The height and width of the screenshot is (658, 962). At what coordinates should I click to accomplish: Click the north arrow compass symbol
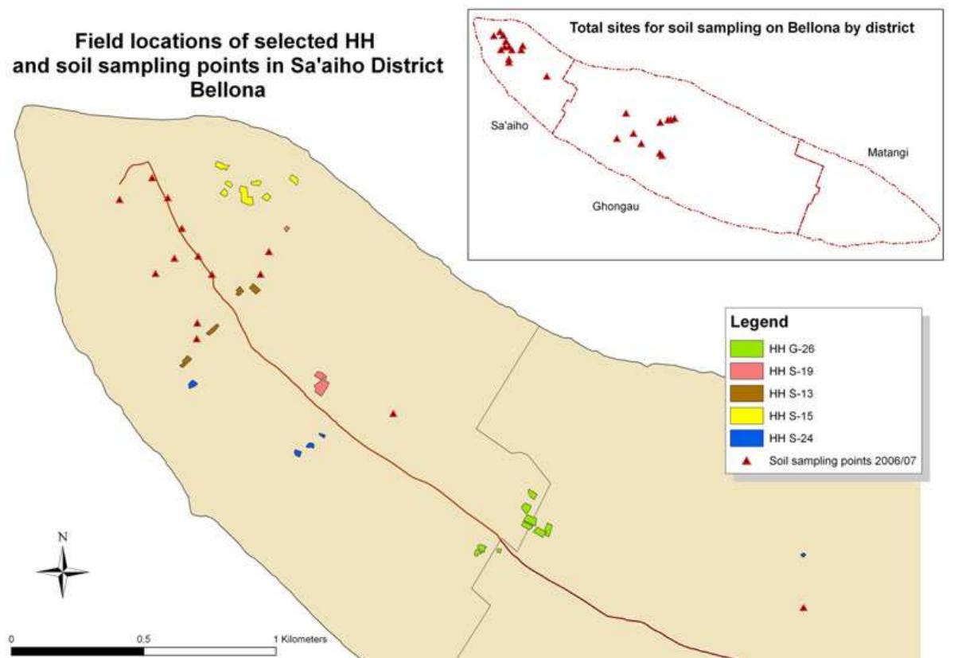(62, 570)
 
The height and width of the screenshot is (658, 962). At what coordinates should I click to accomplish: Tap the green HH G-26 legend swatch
(746, 348)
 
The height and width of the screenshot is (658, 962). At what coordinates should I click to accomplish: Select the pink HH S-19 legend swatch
(746, 370)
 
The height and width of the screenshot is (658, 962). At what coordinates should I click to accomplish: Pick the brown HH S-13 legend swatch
(746, 392)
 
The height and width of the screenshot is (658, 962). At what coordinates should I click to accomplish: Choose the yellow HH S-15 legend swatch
(746, 415)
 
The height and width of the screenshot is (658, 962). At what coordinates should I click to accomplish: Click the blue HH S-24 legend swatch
(746, 437)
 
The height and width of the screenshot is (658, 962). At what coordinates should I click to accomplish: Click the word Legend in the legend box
(759, 323)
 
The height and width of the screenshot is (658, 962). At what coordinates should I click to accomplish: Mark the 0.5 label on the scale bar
(144, 638)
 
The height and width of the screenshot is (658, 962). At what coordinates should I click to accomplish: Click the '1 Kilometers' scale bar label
(299, 638)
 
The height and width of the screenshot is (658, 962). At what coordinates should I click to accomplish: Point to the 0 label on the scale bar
(13, 638)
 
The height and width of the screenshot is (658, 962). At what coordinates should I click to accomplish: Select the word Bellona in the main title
(228, 90)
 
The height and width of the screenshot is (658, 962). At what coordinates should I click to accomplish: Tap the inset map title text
(742, 28)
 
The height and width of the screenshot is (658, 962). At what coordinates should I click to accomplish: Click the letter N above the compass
(63, 537)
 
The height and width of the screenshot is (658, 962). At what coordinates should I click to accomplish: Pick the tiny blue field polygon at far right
(803, 555)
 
